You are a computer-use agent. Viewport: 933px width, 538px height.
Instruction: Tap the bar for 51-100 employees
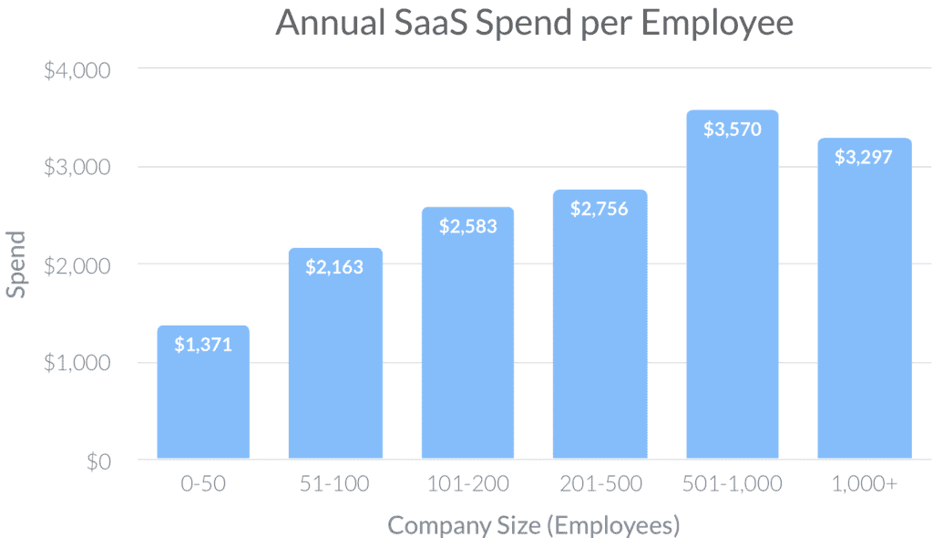(334, 365)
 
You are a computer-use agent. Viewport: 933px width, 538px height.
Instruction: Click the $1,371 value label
(202, 345)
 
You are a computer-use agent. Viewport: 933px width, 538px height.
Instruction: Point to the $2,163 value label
(334, 267)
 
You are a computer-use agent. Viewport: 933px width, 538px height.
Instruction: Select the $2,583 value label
(467, 226)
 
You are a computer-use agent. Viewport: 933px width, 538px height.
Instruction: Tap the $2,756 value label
(600, 209)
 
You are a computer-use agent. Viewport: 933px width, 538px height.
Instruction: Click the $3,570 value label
(732, 129)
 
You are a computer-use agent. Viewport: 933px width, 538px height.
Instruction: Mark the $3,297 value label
(864, 156)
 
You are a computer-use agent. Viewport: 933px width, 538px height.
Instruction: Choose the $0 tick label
(97, 461)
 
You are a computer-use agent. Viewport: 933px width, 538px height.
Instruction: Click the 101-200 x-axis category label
(467, 483)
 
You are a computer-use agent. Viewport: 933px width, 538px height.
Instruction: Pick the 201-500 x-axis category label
(600, 483)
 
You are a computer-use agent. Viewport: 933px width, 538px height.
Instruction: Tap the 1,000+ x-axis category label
(864, 483)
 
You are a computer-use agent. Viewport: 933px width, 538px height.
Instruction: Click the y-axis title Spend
(16, 264)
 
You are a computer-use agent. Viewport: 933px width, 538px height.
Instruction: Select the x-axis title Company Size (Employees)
(534, 524)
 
